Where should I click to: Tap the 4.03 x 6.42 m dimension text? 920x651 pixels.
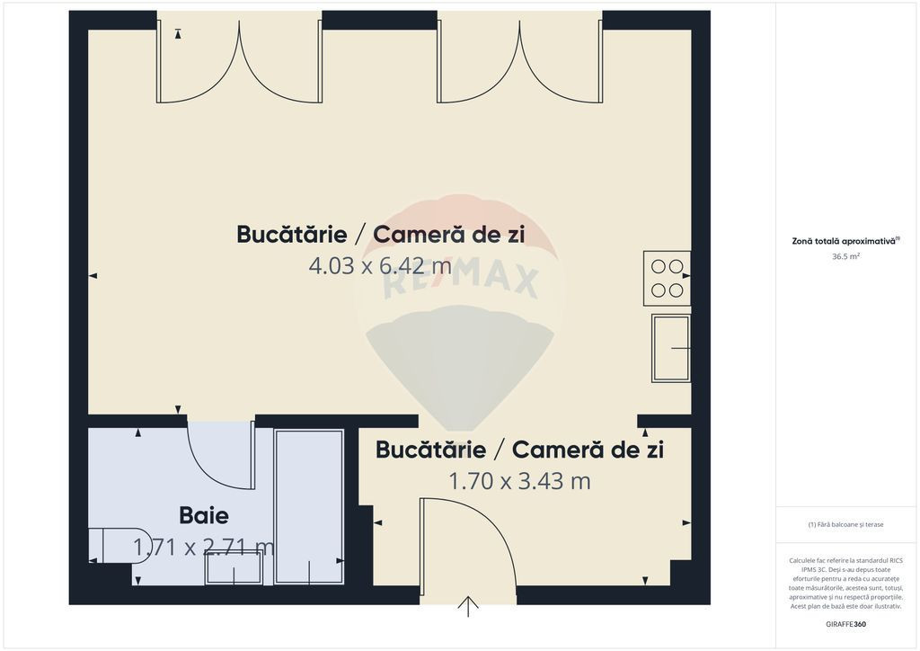tap(380, 266)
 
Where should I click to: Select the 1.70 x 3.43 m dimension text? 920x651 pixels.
tap(519, 481)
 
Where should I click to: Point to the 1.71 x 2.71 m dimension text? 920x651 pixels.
tap(204, 547)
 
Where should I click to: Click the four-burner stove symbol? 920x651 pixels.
tap(667, 278)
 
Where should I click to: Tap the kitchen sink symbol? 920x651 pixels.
tap(670, 348)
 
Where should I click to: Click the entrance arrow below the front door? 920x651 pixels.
tap(468, 607)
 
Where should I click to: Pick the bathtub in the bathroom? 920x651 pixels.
tap(309, 507)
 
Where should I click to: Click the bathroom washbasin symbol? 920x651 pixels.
tap(234, 567)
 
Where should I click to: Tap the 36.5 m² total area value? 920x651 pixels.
tap(845, 256)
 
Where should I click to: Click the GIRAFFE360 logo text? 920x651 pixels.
tap(845, 624)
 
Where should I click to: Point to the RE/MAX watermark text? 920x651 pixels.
tap(460, 281)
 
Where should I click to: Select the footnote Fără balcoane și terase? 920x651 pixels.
tap(845, 524)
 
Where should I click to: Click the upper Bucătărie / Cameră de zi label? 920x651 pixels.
tap(380, 234)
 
